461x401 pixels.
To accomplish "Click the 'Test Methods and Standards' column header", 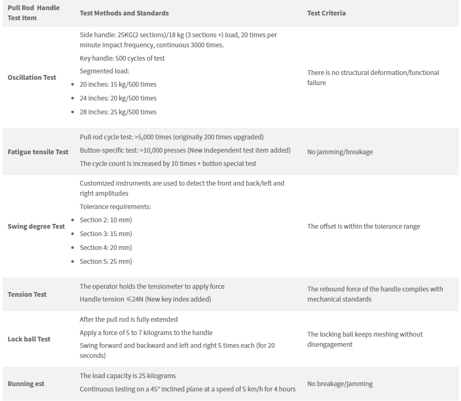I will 124,13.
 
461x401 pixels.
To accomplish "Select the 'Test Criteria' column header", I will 326,13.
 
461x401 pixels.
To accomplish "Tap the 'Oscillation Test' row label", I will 32,78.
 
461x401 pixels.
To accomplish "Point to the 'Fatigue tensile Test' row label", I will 38,152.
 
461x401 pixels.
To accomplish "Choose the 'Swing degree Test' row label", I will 36,227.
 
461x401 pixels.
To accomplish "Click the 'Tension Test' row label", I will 27,295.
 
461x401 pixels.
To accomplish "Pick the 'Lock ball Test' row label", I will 29,339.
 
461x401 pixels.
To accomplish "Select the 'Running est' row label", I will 26,384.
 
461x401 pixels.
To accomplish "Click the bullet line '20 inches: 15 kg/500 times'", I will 118,85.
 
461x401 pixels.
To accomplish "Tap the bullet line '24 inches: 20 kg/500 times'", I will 118,98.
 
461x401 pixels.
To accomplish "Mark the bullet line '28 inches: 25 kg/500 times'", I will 118,112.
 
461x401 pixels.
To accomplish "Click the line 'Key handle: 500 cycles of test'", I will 122,59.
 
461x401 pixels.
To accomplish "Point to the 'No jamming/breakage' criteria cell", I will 340,152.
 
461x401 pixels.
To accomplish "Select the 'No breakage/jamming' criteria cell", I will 340,384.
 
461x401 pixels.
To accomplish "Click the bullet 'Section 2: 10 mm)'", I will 106,220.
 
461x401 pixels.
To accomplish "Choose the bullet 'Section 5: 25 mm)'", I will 106,262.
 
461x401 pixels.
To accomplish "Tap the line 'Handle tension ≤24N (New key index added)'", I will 145,299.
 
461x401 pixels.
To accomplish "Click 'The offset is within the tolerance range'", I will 364,227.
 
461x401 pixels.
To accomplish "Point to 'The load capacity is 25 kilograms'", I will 128,376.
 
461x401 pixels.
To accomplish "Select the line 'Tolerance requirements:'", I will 115,207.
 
